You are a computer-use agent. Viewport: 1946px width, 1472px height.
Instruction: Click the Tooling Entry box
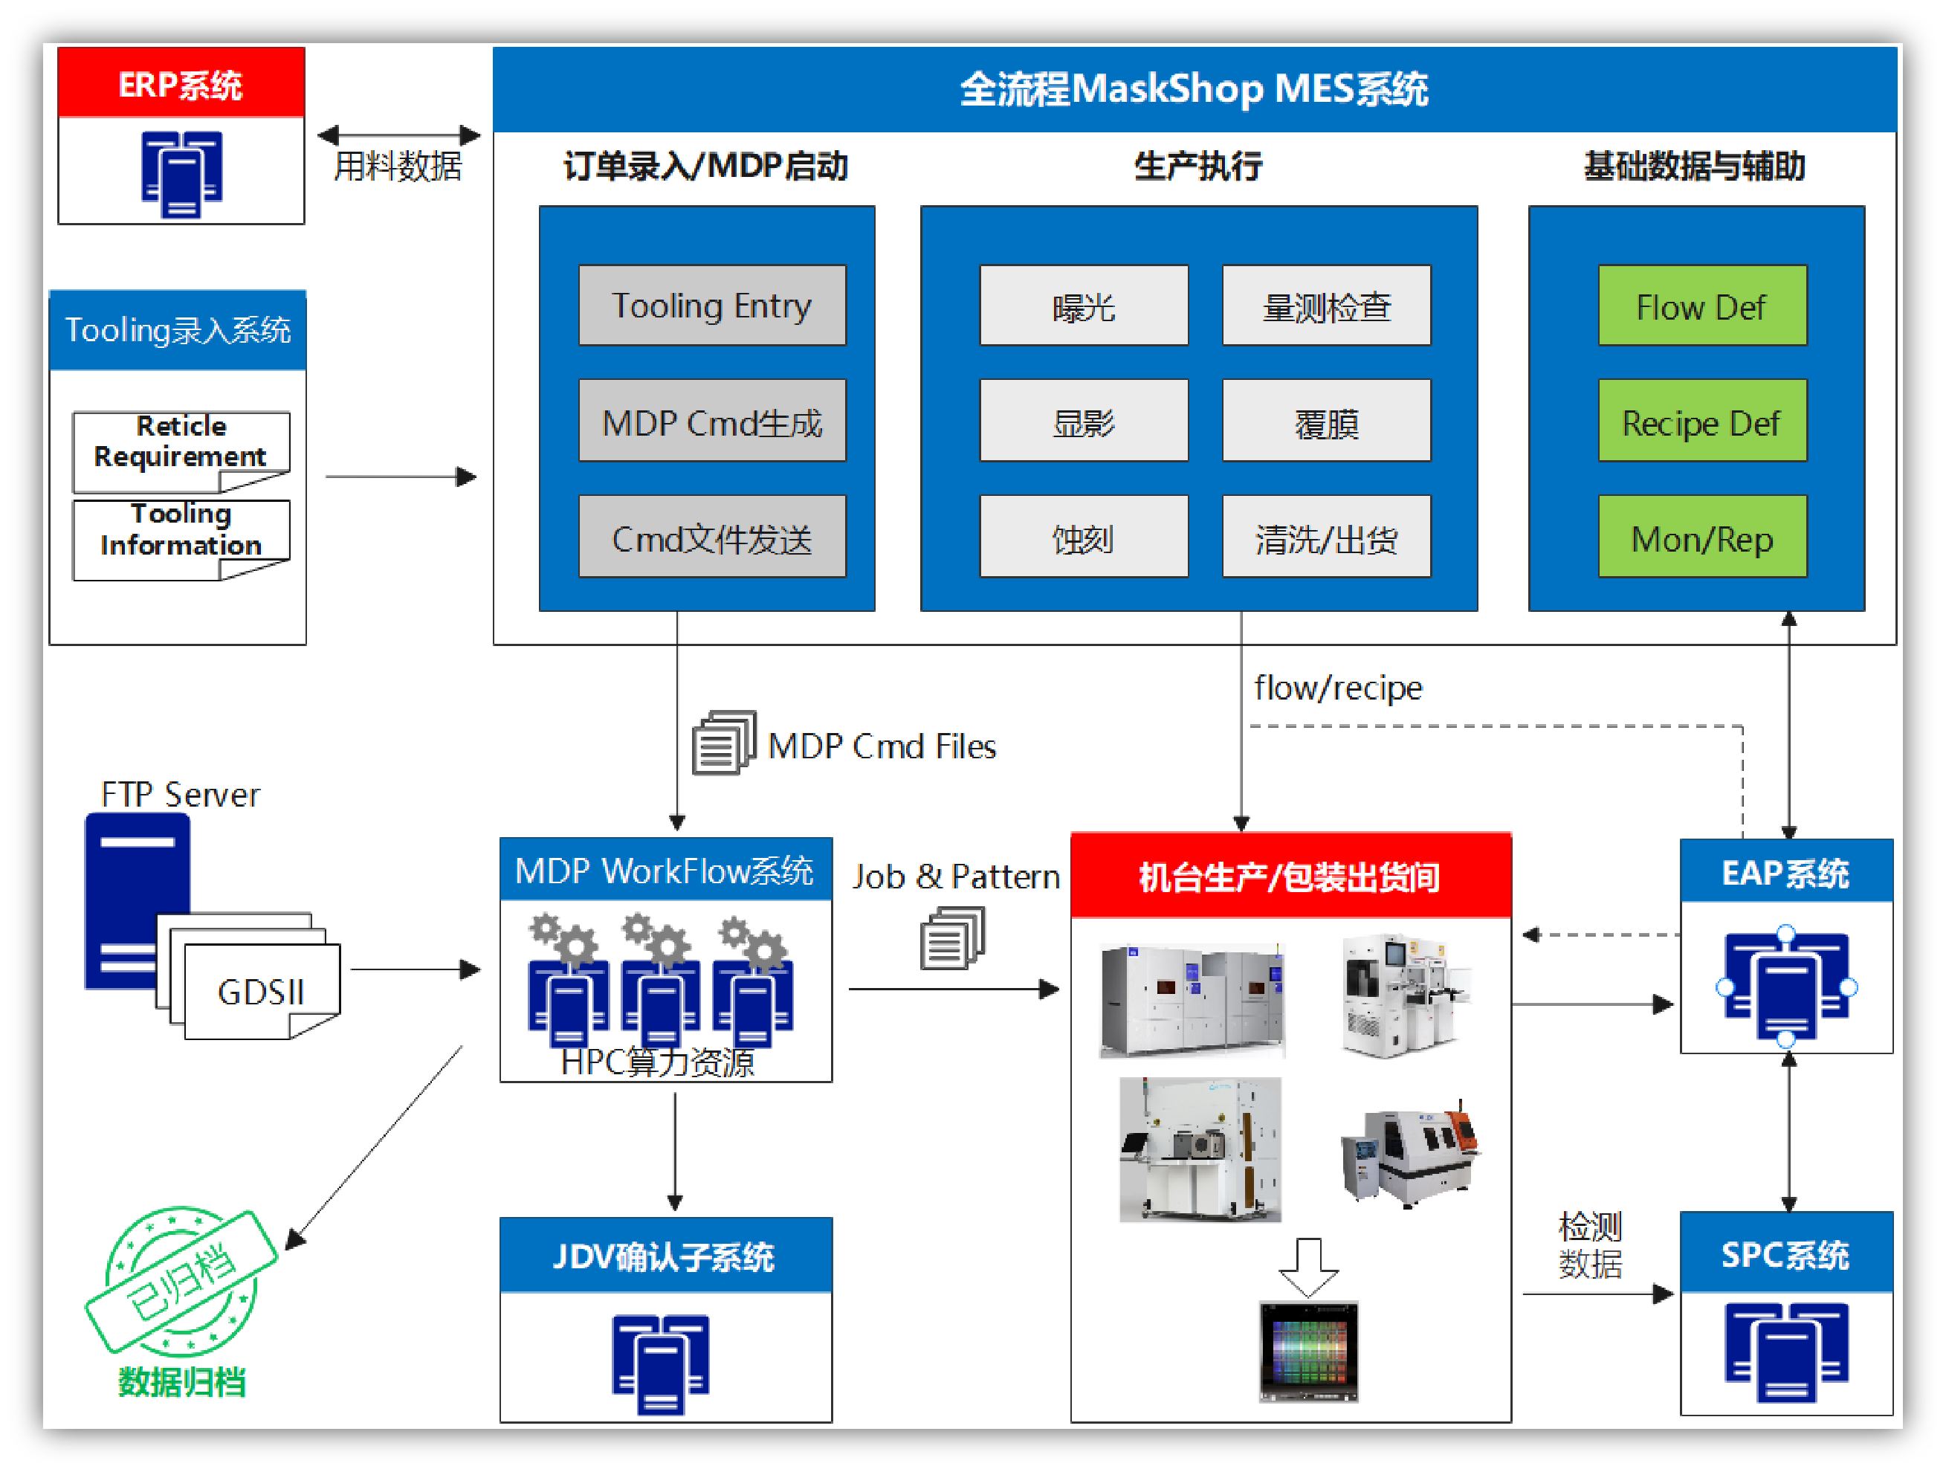[711, 306]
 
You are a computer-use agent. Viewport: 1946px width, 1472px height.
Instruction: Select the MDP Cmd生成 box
[711, 422]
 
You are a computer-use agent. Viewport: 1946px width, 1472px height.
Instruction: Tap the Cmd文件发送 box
[711, 537]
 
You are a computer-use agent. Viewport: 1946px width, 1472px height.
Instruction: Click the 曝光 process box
[1083, 306]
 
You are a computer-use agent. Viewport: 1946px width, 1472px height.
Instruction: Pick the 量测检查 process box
[1326, 306]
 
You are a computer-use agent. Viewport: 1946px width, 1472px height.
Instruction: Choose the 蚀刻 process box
[1083, 537]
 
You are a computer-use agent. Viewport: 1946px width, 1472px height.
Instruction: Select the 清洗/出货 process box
[1326, 537]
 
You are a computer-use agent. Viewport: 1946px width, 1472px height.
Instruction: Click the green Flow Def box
[1701, 306]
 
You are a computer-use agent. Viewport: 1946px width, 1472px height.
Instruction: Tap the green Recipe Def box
[1701, 422]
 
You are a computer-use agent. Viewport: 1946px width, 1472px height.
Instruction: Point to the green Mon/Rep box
[1701, 537]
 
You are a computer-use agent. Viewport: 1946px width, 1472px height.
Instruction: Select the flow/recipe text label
[1337, 688]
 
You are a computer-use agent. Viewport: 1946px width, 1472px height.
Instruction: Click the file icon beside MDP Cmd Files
[723, 743]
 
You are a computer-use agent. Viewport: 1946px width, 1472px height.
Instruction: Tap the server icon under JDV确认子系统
[661, 1362]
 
